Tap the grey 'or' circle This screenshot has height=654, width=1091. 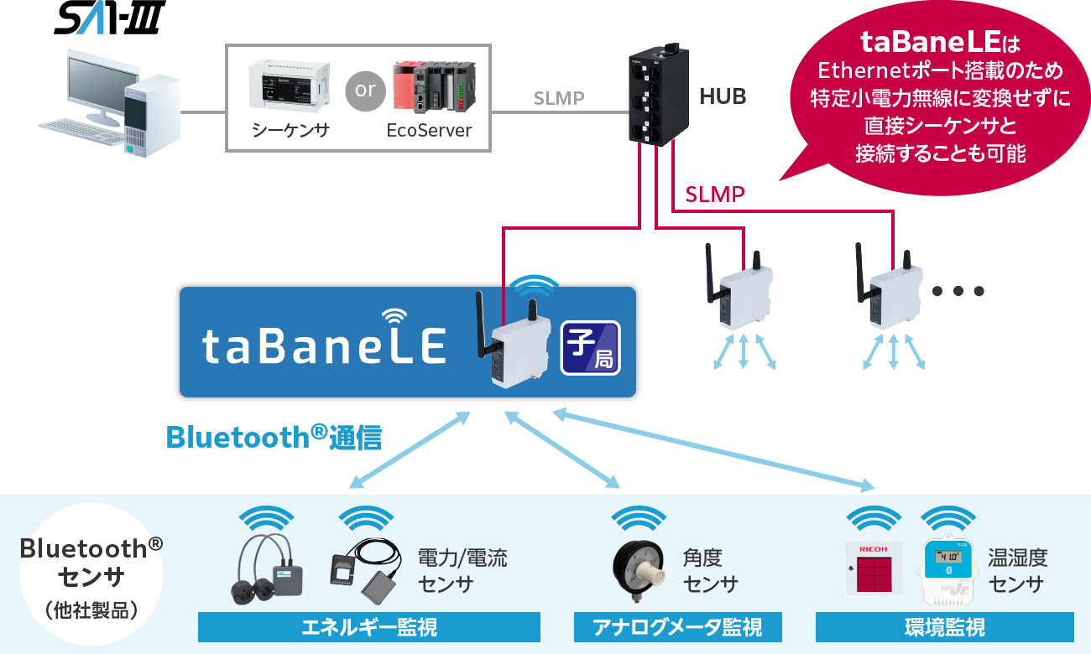pos(365,89)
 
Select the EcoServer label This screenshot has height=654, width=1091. pos(429,131)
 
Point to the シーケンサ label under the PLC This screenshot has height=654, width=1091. pos(290,131)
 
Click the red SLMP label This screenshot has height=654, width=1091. pos(715,195)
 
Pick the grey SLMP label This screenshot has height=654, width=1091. pos(559,99)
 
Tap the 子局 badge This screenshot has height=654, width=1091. pos(591,347)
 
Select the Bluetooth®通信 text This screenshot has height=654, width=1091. pos(274,438)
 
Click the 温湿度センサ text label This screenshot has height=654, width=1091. pos(1017,571)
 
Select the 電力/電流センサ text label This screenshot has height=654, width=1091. pos(462,571)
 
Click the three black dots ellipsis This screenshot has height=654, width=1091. pos(957,292)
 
